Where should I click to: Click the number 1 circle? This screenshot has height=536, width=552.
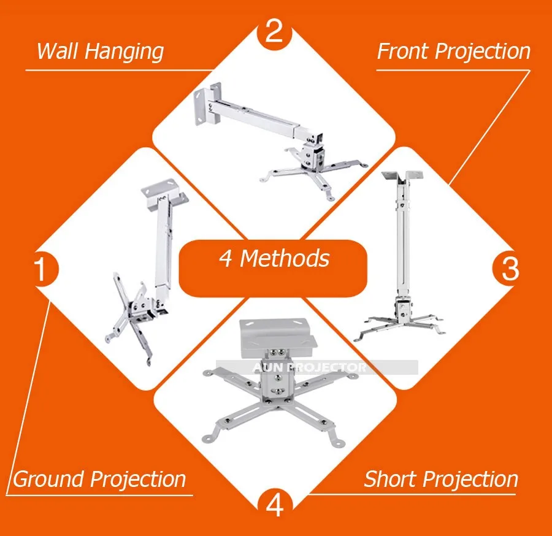point(42,269)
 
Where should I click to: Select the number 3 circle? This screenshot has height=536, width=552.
point(510,269)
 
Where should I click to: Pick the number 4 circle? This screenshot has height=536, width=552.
point(275,505)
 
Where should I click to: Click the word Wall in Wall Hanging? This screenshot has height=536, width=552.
point(56,51)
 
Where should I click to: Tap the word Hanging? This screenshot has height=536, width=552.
point(125,52)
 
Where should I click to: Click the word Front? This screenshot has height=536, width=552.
point(403,52)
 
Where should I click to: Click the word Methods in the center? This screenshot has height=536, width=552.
point(285,258)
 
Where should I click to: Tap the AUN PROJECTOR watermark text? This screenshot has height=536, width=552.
point(310,367)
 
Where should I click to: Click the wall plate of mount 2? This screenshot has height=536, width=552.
point(207,104)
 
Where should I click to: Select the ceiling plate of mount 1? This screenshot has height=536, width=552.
point(165,195)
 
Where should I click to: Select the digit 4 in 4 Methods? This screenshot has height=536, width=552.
point(226,259)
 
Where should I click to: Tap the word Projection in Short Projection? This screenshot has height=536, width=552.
point(470,480)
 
